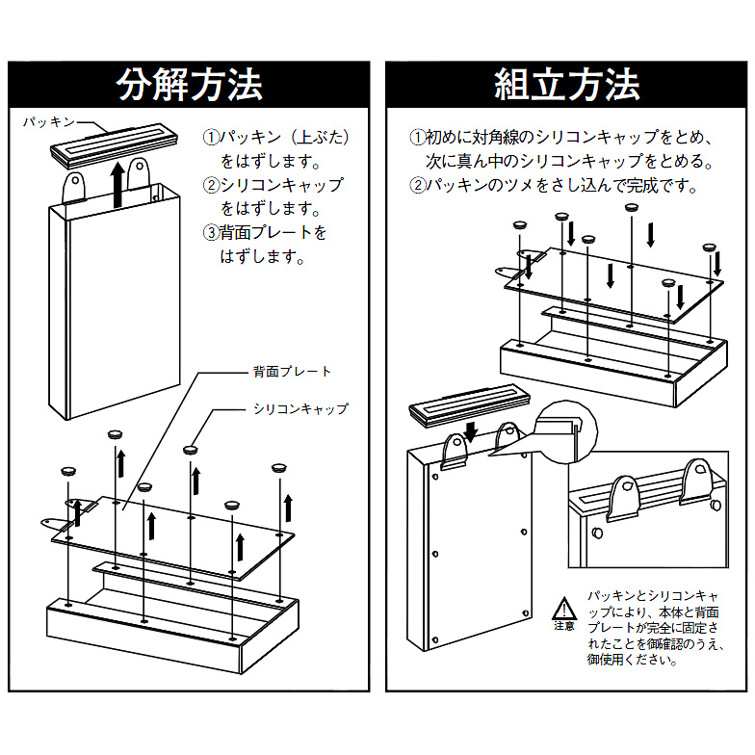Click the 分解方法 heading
point(189,85)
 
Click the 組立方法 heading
point(566,85)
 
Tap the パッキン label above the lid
point(49,122)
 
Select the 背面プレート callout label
point(293,372)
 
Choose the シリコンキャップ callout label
point(300,408)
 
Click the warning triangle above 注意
point(564,608)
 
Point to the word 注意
point(564,626)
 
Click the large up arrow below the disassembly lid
point(117,185)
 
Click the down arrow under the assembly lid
point(470,431)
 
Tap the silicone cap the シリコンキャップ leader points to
point(191,450)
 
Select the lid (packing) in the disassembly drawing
point(116,144)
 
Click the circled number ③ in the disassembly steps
point(211,233)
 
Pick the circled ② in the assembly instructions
point(417,185)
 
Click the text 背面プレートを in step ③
point(273,233)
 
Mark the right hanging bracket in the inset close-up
point(697,482)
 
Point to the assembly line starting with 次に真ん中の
point(568,162)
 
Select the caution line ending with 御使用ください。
point(632,659)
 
